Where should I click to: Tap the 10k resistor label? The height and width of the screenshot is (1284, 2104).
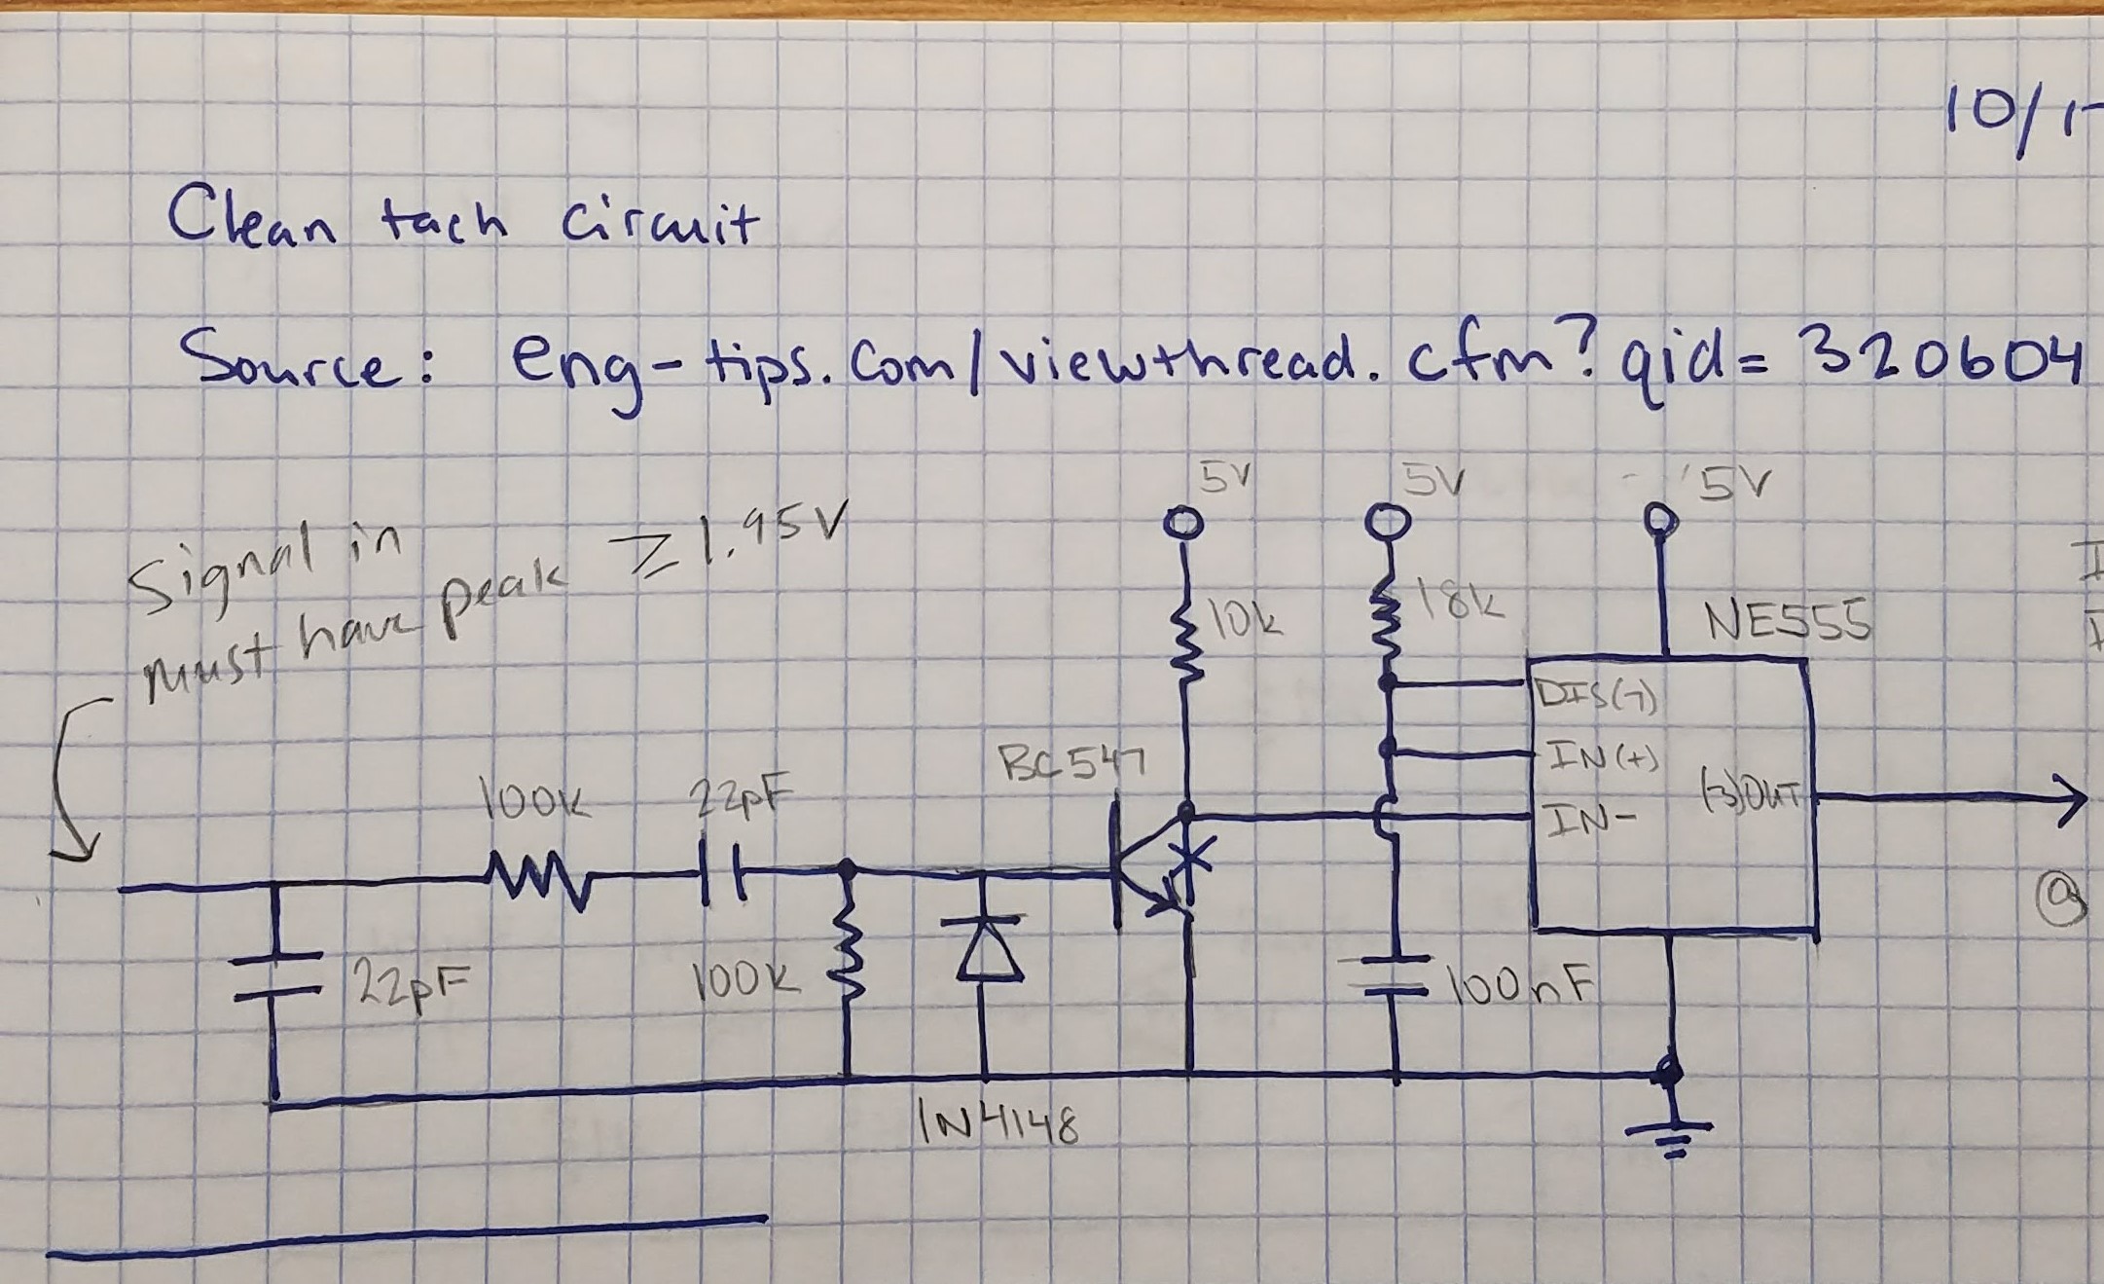click(x=1251, y=617)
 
